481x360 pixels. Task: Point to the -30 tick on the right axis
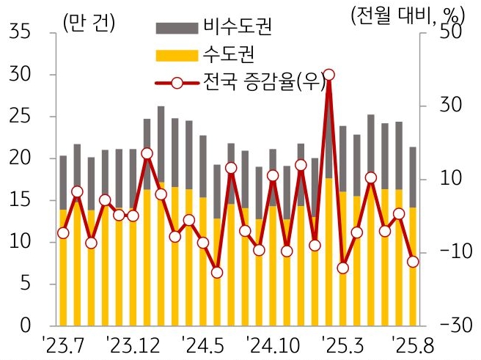pos(449,325)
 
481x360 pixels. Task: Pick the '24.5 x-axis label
pos(204,344)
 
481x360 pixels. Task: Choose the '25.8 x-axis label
pos(414,344)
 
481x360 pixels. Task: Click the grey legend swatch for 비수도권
pos(177,28)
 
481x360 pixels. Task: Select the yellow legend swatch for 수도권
pos(177,55)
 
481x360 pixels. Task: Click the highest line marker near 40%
pos(328,75)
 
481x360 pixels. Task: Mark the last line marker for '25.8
pos(413,262)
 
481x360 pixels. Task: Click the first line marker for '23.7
pos(63,233)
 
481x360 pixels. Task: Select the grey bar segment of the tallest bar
pos(328,139)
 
